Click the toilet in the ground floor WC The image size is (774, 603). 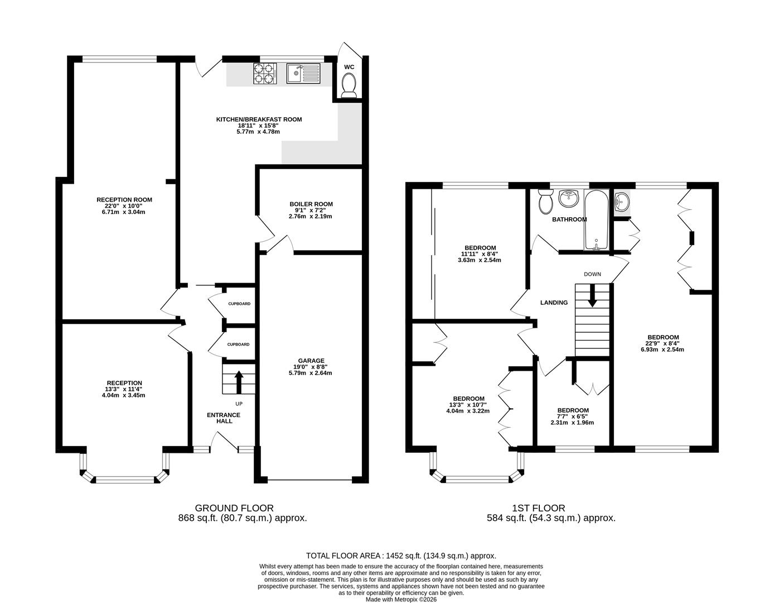tap(349, 85)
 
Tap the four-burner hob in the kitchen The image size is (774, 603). tap(265, 74)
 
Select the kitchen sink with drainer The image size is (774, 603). tap(303, 74)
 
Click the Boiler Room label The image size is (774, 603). tap(311, 204)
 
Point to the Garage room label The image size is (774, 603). tap(311, 361)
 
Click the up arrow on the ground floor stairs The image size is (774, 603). tap(239, 382)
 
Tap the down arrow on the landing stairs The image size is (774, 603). tap(592, 295)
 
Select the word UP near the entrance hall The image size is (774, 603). tap(239, 404)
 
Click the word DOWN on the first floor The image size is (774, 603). tap(592, 274)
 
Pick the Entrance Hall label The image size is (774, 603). tap(224, 418)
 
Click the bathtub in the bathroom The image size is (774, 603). tap(596, 219)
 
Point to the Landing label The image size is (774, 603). tap(554, 303)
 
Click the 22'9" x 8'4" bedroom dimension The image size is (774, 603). tap(663, 343)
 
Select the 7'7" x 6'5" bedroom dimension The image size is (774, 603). tap(573, 417)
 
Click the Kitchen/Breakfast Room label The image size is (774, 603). tap(259, 119)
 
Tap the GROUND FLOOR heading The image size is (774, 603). tap(234, 508)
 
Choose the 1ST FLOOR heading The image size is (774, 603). tap(539, 508)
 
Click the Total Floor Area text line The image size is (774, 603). tap(401, 556)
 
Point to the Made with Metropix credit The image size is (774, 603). tap(401, 600)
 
